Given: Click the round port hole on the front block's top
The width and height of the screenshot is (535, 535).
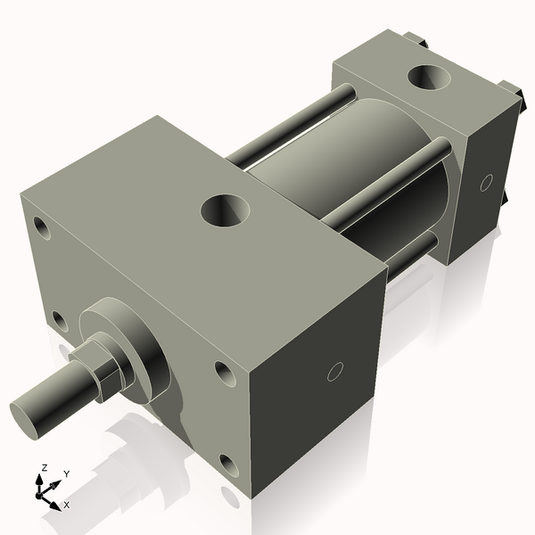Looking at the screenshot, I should (225, 210).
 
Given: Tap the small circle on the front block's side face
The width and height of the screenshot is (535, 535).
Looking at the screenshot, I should (335, 371).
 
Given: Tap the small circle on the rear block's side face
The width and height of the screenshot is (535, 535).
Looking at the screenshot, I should (486, 183).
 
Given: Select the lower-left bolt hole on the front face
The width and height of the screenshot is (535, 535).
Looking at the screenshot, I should (59, 319).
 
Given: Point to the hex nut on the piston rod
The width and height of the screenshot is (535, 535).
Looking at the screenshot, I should (95, 373).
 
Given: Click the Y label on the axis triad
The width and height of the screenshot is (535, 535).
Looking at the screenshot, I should (66, 474).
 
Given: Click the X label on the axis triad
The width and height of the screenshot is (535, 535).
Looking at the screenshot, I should (66, 505).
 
